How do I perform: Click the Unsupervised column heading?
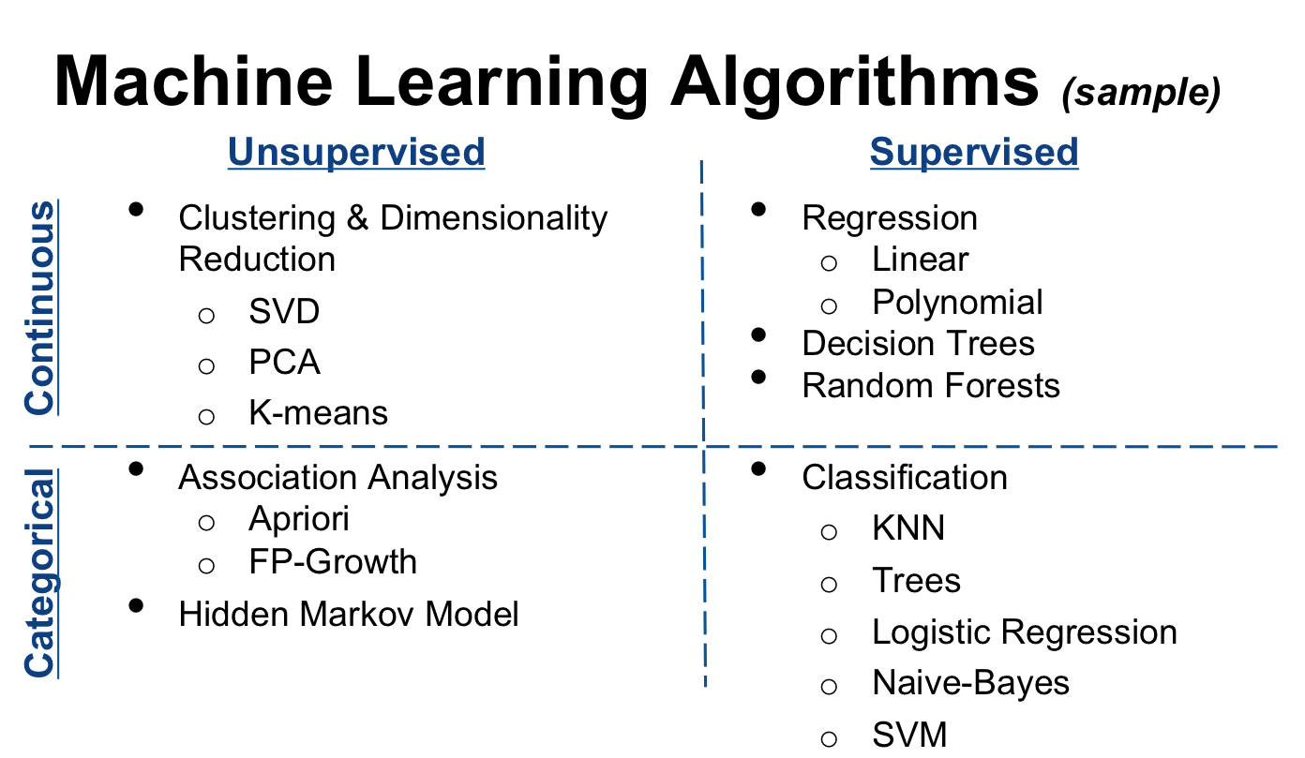[x=356, y=153]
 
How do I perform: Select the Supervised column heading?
[x=974, y=153]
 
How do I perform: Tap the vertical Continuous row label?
[x=39, y=307]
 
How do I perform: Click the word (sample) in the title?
[x=1141, y=93]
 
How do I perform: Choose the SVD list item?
[x=284, y=311]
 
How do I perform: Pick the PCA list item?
[x=284, y=362]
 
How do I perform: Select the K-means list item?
[x=318, y=413]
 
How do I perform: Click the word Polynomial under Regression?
[x=957, y=303]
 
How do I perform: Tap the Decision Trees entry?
[x=918, y=343]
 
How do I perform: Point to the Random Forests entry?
[x=931, y=385]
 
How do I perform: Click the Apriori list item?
[x=299, y=519]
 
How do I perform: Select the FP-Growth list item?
[x=333, y=562]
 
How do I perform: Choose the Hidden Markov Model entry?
[x=349, y=615]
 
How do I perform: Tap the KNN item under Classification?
[x=908, y=528]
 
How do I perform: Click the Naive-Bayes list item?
[x=970, y=683]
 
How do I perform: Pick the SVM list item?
[x=909, y=735]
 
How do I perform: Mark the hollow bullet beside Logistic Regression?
[x=829, y=636]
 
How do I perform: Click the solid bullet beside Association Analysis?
[x=136, y=469]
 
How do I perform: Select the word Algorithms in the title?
[x=855, y=82]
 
